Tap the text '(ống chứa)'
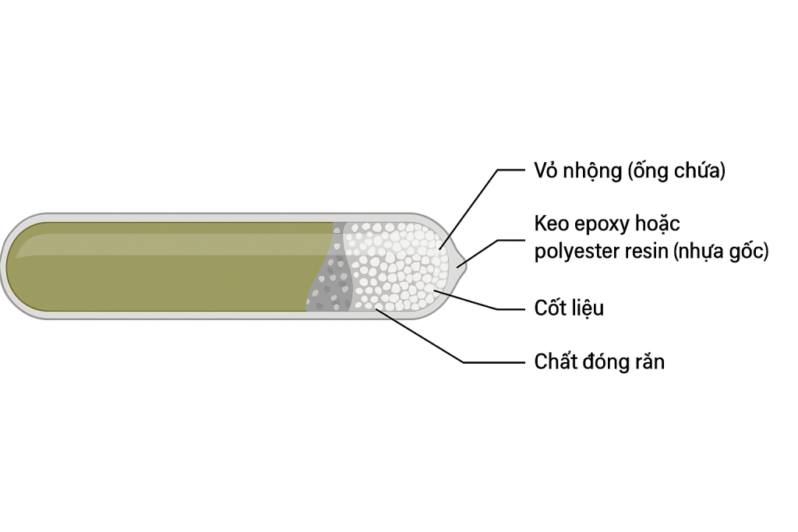click(676, 171)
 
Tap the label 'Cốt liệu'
click(569, 308)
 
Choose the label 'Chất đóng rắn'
click(599, 362)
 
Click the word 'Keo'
click(552, 224)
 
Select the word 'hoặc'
click(657, 224)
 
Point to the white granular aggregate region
click(397, 265)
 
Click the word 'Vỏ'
click(545, 171)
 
